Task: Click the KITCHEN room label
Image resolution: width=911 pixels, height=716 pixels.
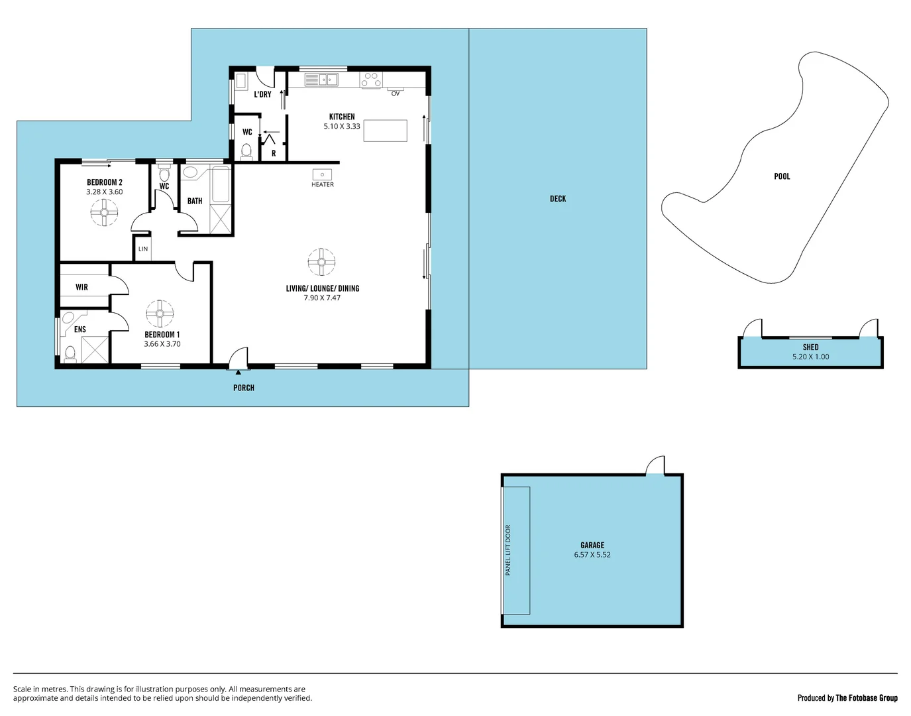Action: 342,117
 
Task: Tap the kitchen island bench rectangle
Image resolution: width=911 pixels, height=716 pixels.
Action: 386,130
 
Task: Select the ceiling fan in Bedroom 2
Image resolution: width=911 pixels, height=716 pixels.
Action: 104,213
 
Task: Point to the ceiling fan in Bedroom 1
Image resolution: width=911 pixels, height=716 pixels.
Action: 160,314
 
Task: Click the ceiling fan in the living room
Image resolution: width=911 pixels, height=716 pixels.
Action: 321,262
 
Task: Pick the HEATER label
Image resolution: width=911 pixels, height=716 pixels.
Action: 323,184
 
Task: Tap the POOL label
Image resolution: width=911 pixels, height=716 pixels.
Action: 782,176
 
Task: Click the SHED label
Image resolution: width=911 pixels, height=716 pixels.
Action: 810,347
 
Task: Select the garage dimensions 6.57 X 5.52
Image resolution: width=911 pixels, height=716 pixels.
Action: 592,555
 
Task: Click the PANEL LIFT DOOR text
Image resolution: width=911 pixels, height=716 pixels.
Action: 508,550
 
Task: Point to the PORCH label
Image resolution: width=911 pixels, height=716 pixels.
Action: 244,388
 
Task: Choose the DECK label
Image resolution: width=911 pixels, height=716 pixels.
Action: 558,199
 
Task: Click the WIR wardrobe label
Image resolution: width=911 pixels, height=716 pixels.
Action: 81,287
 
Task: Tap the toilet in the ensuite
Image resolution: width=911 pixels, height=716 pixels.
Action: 70,354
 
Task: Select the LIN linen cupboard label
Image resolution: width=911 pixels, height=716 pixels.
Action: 143,249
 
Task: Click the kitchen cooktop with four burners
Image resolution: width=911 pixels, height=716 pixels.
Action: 371,80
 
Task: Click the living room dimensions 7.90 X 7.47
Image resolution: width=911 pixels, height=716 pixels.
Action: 322,298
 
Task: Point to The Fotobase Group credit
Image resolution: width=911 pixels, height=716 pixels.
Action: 866,697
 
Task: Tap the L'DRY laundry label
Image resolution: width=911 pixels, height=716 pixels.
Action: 262,95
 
